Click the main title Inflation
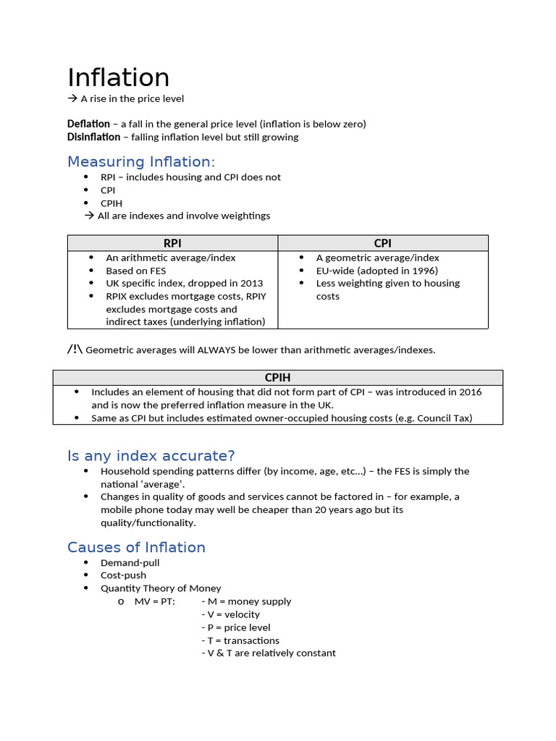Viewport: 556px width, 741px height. tap(118, 78)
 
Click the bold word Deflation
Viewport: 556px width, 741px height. tap(88, 124)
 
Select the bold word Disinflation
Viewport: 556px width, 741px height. tap(93, 137)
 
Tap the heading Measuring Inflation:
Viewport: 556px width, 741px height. tap(141, 161)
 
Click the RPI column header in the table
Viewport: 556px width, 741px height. tap(172, 243)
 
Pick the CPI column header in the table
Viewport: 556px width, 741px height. tap(382, 243)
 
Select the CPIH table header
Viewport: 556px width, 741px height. tap(277, 377)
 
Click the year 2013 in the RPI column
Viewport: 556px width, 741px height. tap(250, 283)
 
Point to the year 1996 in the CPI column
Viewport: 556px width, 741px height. tap(423, 271)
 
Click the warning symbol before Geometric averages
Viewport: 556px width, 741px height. tap(75, 350)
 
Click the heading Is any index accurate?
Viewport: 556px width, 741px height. tap(151, 455)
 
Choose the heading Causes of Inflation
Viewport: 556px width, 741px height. tap(136, 547)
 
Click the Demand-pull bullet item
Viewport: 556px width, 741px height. tap(130, 562)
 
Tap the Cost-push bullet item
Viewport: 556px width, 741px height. tap(123, 575)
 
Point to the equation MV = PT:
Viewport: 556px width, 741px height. tap(154, 601)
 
